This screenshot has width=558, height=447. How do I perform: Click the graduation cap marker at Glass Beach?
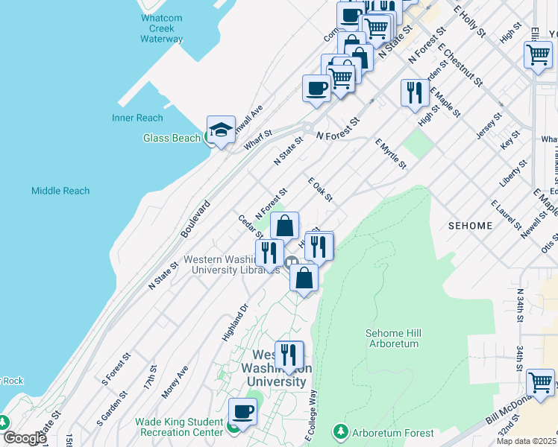pyautogui.click(x=221, y=130)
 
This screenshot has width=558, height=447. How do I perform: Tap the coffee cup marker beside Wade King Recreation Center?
pyautogui.click(x=242, y=412)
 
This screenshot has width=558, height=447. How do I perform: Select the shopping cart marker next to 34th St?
pyautogui.click(x=540, y=383)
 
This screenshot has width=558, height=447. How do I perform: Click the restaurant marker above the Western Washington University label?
pyautogui.click(x=289, y=355)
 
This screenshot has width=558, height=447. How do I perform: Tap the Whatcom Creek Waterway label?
pyautogui.click(x=161, y=28)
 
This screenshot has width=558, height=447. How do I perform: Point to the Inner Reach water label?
pyautogui.click(x=137, y=118)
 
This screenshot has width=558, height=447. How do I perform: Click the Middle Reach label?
pyautogui.click(x=60, y=191)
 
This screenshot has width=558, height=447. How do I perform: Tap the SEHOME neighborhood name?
pyautogui.click(x=471, y=225)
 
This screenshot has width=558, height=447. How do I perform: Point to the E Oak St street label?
pyautogui.click(x=319, y=189)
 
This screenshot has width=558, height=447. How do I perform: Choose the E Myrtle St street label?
pyautogui.click(x=390, y=153)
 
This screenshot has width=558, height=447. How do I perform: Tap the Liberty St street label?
pyautogui.click(x=514, y=173)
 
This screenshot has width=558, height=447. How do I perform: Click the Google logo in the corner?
pyautogui.click(x=25, y=438)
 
